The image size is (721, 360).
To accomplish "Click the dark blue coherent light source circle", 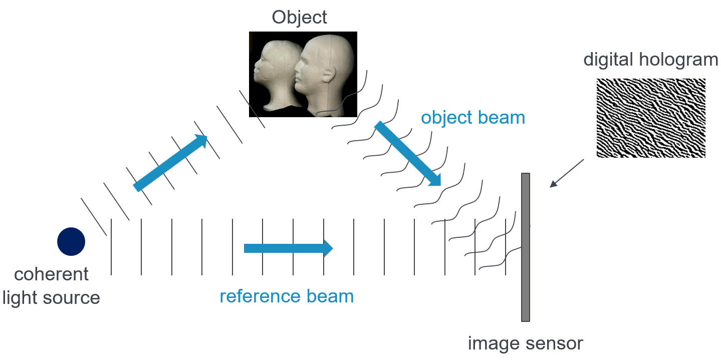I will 71,241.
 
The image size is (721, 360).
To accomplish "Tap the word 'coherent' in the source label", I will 51,274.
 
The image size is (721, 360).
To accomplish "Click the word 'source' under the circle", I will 71,298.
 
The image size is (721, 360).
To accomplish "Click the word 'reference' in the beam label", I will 259,296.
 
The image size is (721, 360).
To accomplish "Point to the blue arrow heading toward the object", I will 170,163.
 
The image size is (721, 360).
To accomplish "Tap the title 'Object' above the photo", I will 299,17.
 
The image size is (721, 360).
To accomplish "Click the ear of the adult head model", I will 329,75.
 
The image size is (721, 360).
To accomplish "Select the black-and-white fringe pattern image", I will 650,118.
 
